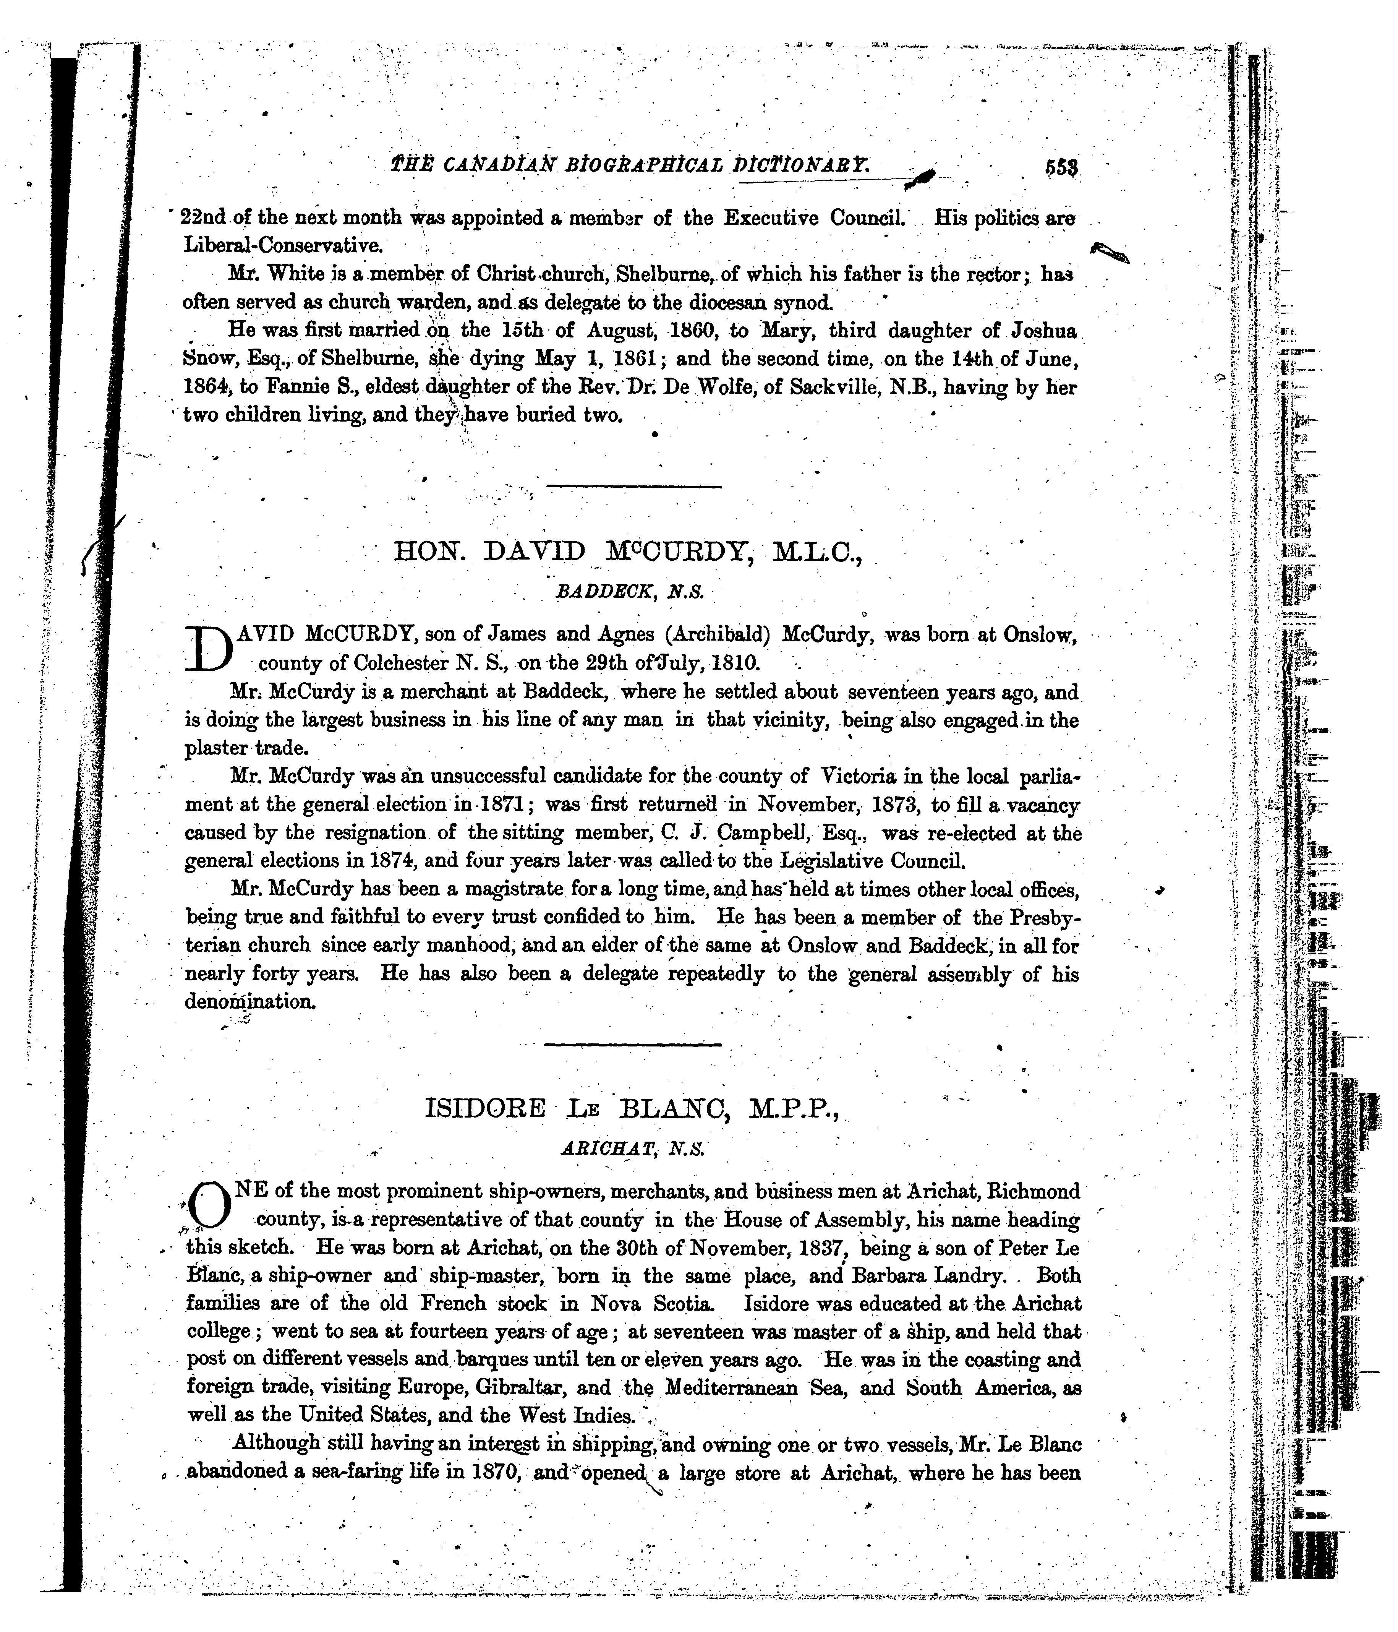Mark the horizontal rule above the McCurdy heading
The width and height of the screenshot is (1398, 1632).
pyautogui.click(x=633, y=487)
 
